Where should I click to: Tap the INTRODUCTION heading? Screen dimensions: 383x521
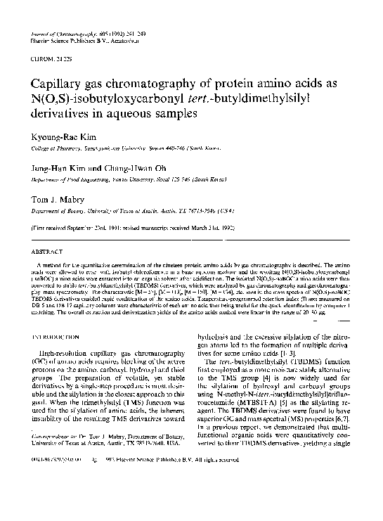[52, 326]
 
